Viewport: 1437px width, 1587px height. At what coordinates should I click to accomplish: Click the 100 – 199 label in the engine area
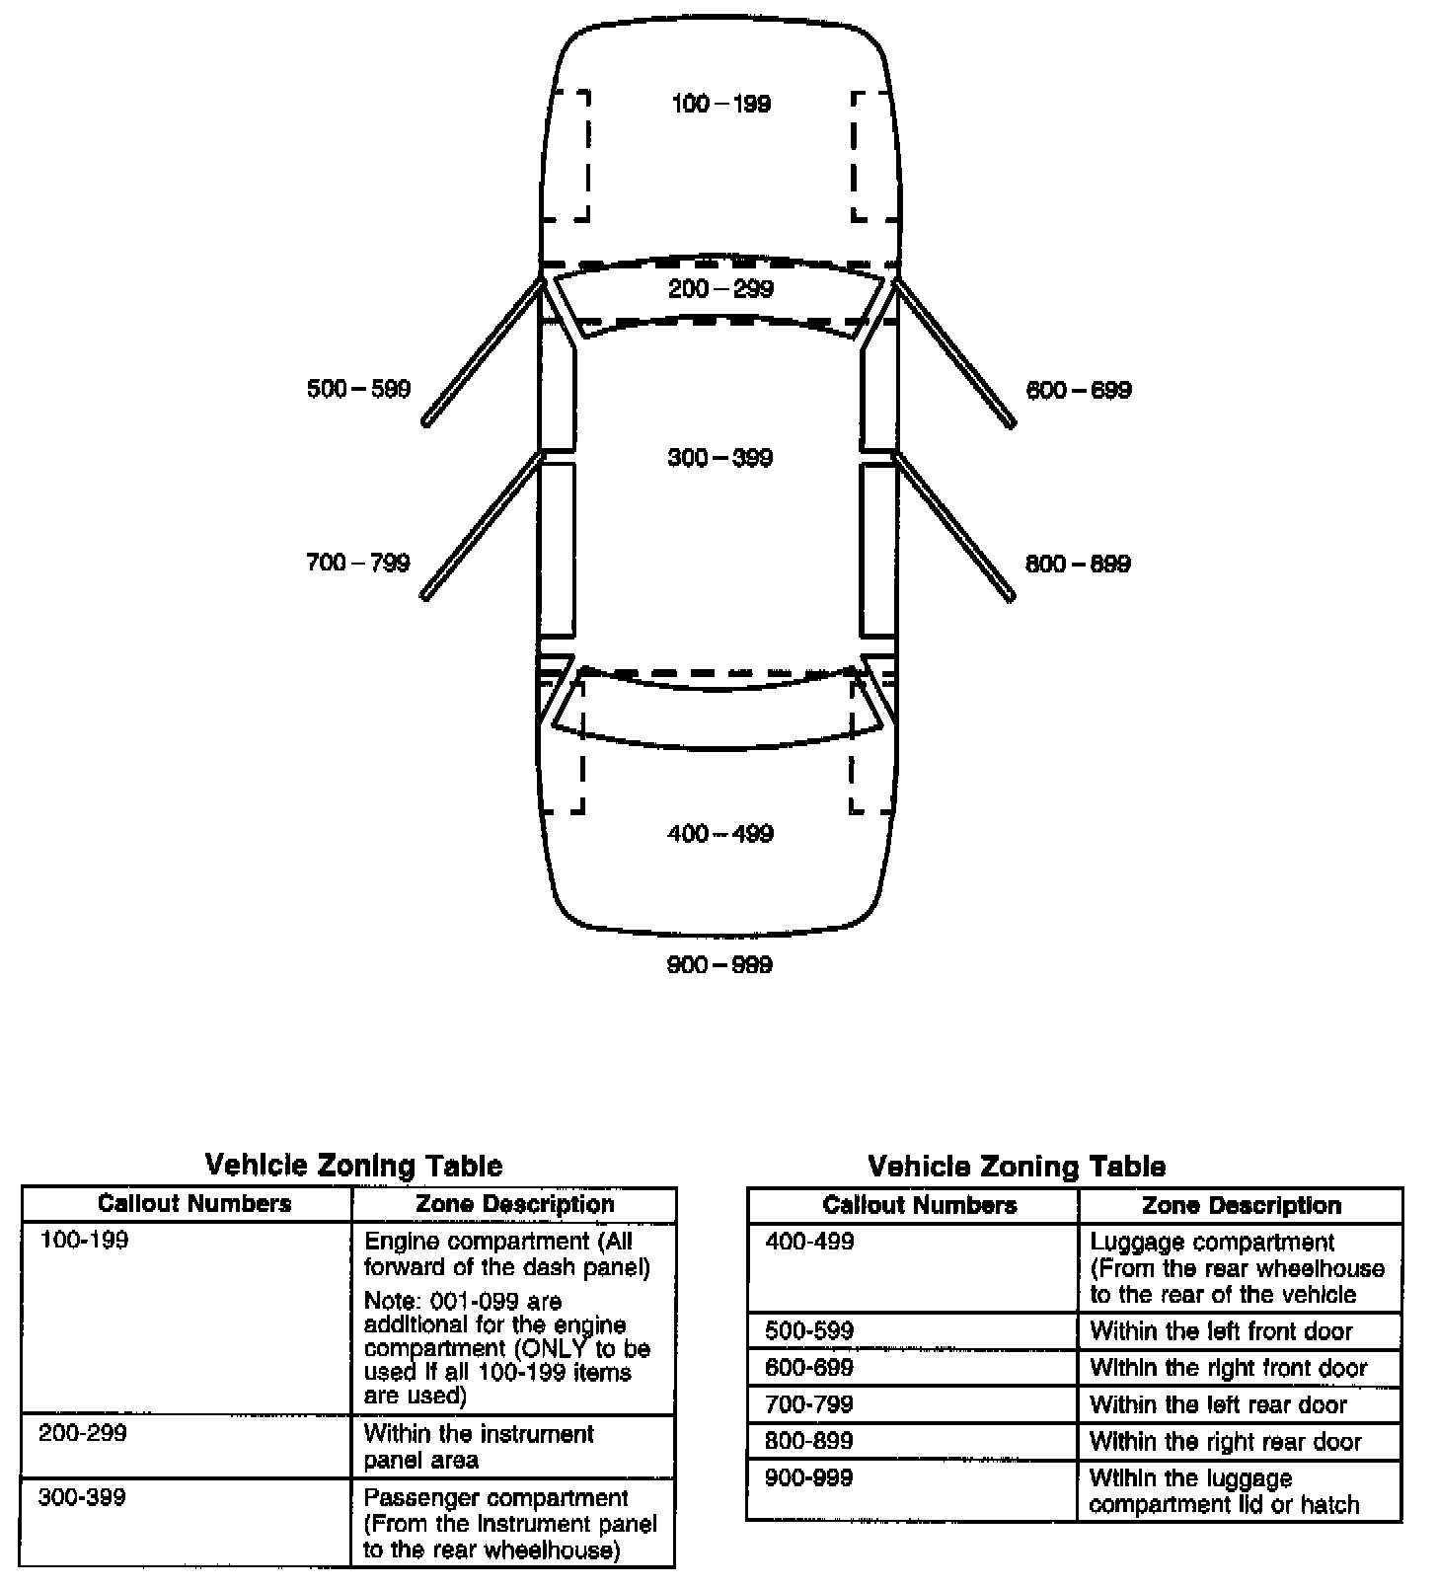720,104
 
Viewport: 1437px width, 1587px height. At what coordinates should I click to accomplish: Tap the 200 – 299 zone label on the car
720,289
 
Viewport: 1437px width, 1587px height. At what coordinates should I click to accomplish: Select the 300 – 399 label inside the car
720,458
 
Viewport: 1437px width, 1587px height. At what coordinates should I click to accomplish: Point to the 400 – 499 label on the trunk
720,834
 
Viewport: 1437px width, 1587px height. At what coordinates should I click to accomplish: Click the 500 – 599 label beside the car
358,389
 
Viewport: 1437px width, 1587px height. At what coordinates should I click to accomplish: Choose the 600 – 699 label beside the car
1079,390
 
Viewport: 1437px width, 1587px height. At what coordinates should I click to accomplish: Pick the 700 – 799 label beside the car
358,564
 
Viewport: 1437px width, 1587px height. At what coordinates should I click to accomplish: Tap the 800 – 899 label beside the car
1079,565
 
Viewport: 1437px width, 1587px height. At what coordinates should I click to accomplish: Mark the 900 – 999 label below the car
720,965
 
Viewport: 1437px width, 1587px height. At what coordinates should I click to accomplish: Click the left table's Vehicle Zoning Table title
353,1166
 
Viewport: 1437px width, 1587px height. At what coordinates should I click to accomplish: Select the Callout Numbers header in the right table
920,1205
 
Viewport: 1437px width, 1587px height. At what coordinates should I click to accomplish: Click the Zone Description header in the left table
515,1204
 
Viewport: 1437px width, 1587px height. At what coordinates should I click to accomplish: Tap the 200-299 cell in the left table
83,1433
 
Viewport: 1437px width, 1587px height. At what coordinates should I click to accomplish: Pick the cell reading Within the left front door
1221,1331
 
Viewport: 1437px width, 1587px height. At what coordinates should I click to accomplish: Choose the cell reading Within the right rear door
1225,1442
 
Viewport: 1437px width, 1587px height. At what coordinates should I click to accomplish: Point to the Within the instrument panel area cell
479,1447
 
